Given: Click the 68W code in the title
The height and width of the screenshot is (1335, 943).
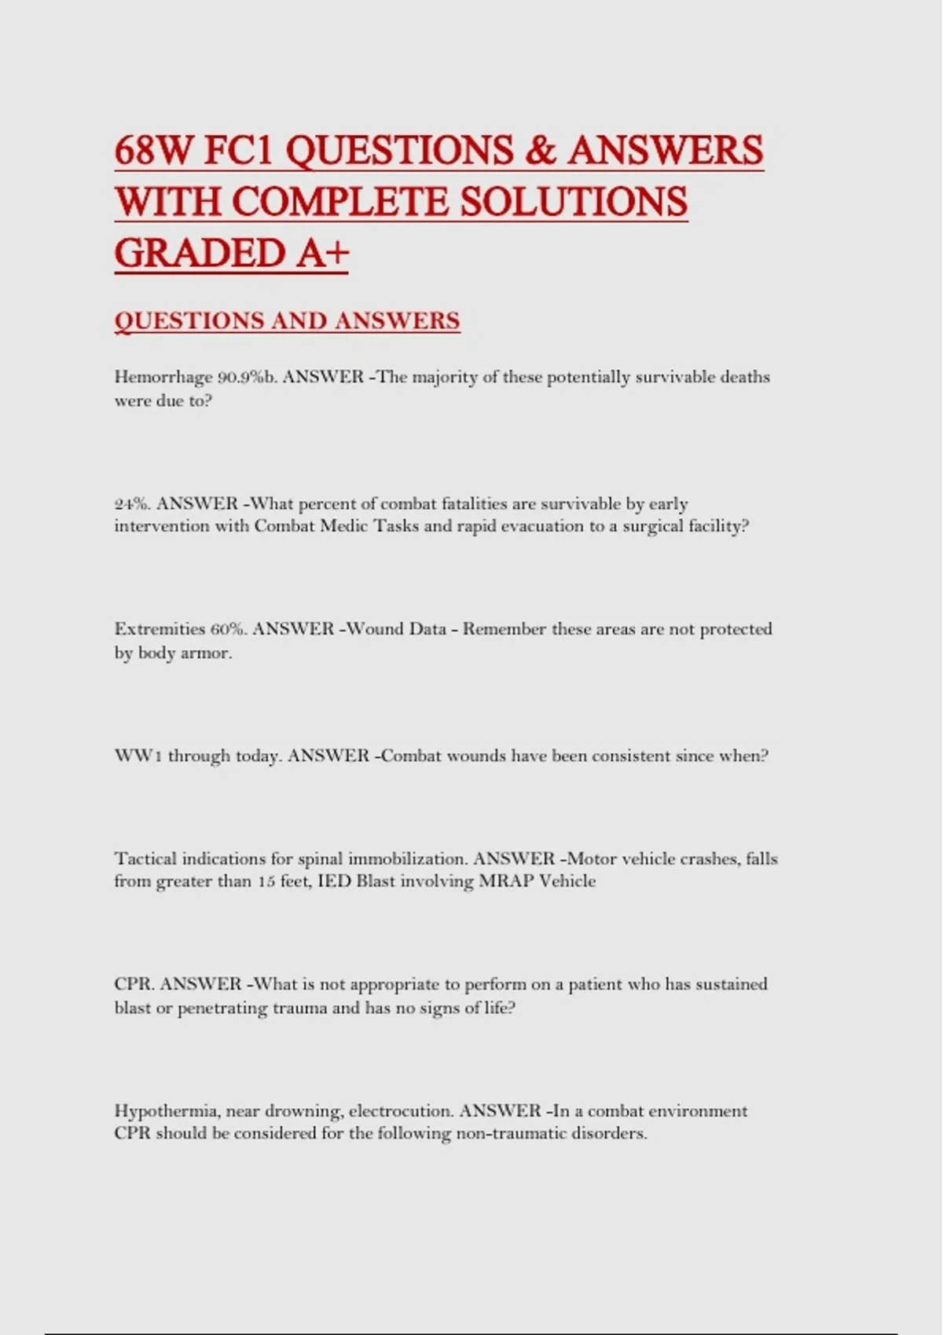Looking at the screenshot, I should [x=153, y=150].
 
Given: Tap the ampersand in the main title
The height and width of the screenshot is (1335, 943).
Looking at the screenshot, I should [x=539, y=150].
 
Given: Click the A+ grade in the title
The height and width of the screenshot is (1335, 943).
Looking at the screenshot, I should [x=322, y=253].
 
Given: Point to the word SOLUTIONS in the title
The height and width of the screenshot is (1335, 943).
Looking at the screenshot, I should [x=573, y=202].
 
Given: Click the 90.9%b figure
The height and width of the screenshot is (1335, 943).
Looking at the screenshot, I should [x=247, y=378].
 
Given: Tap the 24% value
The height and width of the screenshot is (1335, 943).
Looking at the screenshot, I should [x=132, y=504].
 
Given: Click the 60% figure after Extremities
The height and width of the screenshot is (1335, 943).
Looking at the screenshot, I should [x=229, y=629].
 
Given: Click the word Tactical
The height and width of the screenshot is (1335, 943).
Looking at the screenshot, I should [x=145, y=858].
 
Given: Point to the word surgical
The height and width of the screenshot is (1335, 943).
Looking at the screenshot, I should [x=654, y=526].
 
